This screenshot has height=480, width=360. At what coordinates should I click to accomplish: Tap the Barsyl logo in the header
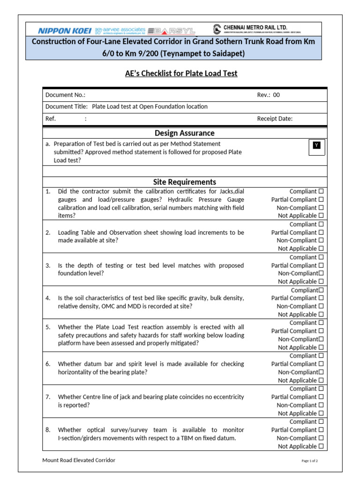[x=171, y=31]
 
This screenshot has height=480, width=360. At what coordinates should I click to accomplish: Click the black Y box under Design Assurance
[x=317, y=146]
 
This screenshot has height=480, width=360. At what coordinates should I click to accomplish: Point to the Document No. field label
[x=65, y=95]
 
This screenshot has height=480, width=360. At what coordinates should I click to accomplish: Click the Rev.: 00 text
[x=268, y=95]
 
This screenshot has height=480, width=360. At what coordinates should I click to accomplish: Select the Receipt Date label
[x=275, y=119]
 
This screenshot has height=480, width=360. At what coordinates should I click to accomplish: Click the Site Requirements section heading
[x=184, y=182]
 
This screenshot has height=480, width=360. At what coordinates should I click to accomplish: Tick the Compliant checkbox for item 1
[x=321, y=191]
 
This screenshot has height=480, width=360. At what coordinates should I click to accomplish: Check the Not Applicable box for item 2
[x=321, y=248]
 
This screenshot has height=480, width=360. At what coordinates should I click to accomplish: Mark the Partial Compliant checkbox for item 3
[x=321, y=265]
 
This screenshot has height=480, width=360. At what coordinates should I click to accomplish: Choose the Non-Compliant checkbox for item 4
[x=321, y=306]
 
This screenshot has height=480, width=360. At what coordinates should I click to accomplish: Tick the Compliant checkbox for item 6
[x=321, y=356]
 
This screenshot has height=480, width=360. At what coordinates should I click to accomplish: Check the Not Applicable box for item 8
[x=321, y=446]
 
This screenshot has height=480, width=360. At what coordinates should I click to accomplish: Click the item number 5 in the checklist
[x=48, y=327]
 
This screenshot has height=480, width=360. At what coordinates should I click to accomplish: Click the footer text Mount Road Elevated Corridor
[x=79, y=460]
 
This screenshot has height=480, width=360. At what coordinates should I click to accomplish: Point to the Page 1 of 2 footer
[x=309, y=461]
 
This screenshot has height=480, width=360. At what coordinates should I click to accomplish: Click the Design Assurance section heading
[x=184, y=133]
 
